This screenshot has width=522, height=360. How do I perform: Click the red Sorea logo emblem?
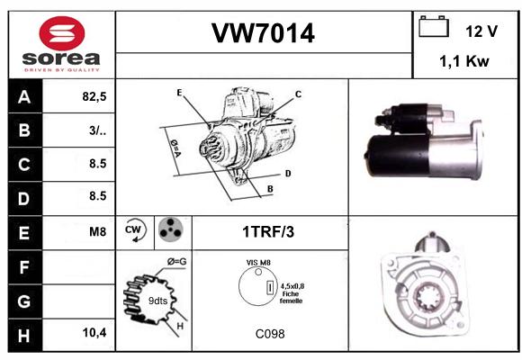(62, 33)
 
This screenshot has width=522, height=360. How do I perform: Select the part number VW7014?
(263, 33)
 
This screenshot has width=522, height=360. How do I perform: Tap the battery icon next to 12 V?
(434, 26)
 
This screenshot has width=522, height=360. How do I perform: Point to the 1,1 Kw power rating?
(464, 61)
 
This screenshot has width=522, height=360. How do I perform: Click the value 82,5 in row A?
(94, 96)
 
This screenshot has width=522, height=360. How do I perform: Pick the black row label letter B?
(24, 130)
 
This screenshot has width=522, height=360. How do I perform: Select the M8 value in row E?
(97, 231)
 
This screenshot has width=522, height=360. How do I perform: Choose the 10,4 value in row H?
(94, 332)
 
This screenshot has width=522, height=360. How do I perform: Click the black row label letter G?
(24, 301)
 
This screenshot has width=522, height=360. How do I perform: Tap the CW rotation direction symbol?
(134, 229)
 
